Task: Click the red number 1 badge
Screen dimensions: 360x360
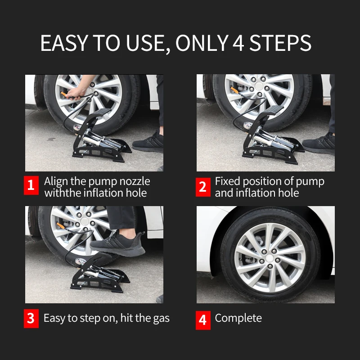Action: coord(31,185)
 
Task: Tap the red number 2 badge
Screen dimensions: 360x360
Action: coord(203,187)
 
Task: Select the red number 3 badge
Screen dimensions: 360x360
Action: coord(31,319)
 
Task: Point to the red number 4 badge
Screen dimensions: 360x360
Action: coord(203,320)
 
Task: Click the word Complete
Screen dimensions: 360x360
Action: coord(238,318)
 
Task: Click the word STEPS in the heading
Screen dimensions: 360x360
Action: coord(280,43)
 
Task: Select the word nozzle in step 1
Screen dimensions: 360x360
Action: coord(135,181)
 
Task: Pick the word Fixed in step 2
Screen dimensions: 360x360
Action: coord(228,181)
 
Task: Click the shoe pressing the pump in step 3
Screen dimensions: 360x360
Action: coord(117,243)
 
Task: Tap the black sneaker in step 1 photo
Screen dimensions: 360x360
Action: coord(148,142)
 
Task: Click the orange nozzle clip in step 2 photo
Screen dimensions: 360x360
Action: coord(234,89)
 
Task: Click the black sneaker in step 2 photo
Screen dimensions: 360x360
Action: coord(319,143)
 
